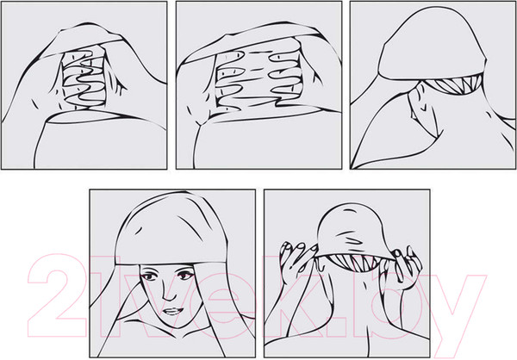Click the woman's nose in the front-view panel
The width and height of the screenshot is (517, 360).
169,294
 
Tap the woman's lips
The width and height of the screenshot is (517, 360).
173,311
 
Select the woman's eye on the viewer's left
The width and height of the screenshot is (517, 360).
150,276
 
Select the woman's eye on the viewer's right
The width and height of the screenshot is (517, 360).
184,275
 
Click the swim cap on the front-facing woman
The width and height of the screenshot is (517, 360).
171,231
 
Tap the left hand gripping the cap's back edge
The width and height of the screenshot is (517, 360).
295,260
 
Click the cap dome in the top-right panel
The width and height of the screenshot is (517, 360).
432,47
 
